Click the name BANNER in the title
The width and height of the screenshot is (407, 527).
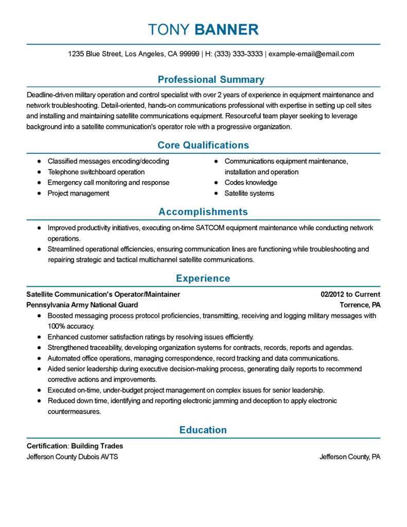coord(226,30)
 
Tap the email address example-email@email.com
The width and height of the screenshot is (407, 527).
coord(311,54)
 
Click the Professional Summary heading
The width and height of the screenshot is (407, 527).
coord(210,80)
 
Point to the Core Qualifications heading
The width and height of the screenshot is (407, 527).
coord(203,145)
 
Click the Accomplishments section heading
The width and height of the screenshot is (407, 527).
coord(203,212)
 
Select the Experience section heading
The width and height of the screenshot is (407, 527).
coord(203,278)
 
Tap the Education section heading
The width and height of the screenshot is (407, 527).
coord(203,430)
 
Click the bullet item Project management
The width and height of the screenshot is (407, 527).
coord(78,194)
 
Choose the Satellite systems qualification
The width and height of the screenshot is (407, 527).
coord(249,194)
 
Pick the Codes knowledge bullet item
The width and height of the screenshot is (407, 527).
coord(251,183)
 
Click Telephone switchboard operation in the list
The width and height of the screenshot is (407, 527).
coord(96,172)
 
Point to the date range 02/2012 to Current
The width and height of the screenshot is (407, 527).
coord(350,294)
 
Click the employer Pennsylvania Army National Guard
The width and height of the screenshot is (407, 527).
coord(82,305)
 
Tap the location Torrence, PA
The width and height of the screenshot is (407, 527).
coord(360,305)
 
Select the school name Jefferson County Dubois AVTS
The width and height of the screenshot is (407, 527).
coord(73,457)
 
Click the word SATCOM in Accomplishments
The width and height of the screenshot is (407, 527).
coord(232,228)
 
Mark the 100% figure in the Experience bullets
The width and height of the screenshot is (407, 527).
coord(56,326)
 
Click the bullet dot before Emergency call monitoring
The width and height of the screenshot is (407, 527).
coord(39,183)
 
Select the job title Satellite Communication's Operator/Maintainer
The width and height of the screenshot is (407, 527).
coord(103,294)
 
